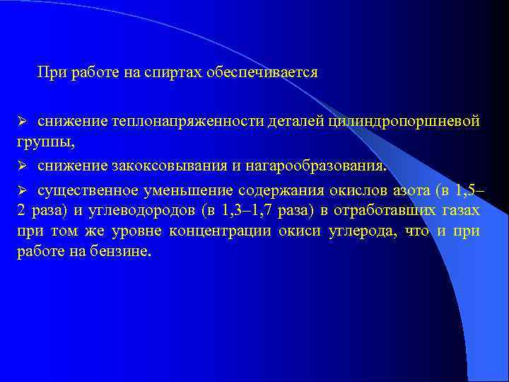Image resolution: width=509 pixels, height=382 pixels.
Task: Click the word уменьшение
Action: (x=186, y=190)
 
